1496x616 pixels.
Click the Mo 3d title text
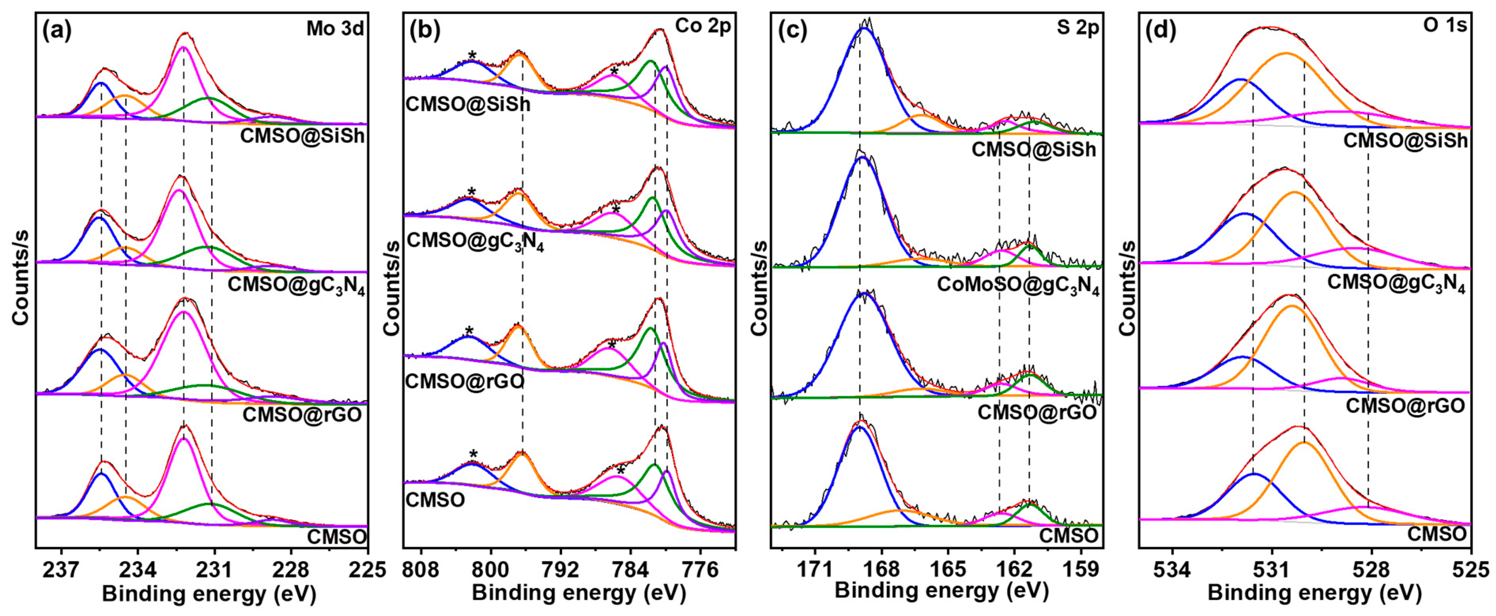(x=335, y=29)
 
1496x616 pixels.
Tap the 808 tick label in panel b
(x=422, y=569)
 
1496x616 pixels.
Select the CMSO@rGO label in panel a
(x=302, y=415)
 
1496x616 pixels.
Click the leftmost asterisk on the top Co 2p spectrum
(x=472, y=56)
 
